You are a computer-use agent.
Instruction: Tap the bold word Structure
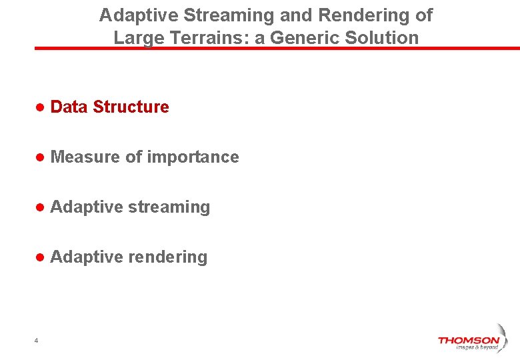(131, 107)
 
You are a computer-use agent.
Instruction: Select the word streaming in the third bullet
(169, 207)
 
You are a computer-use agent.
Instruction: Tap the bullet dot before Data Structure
(40, 107)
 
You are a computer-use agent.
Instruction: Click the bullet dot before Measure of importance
(40, 157)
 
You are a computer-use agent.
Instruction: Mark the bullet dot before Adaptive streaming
(40, 207)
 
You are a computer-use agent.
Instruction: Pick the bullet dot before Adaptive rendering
(40, 257)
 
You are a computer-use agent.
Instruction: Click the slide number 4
(36, 341)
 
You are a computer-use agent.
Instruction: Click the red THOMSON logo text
(468, 340)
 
